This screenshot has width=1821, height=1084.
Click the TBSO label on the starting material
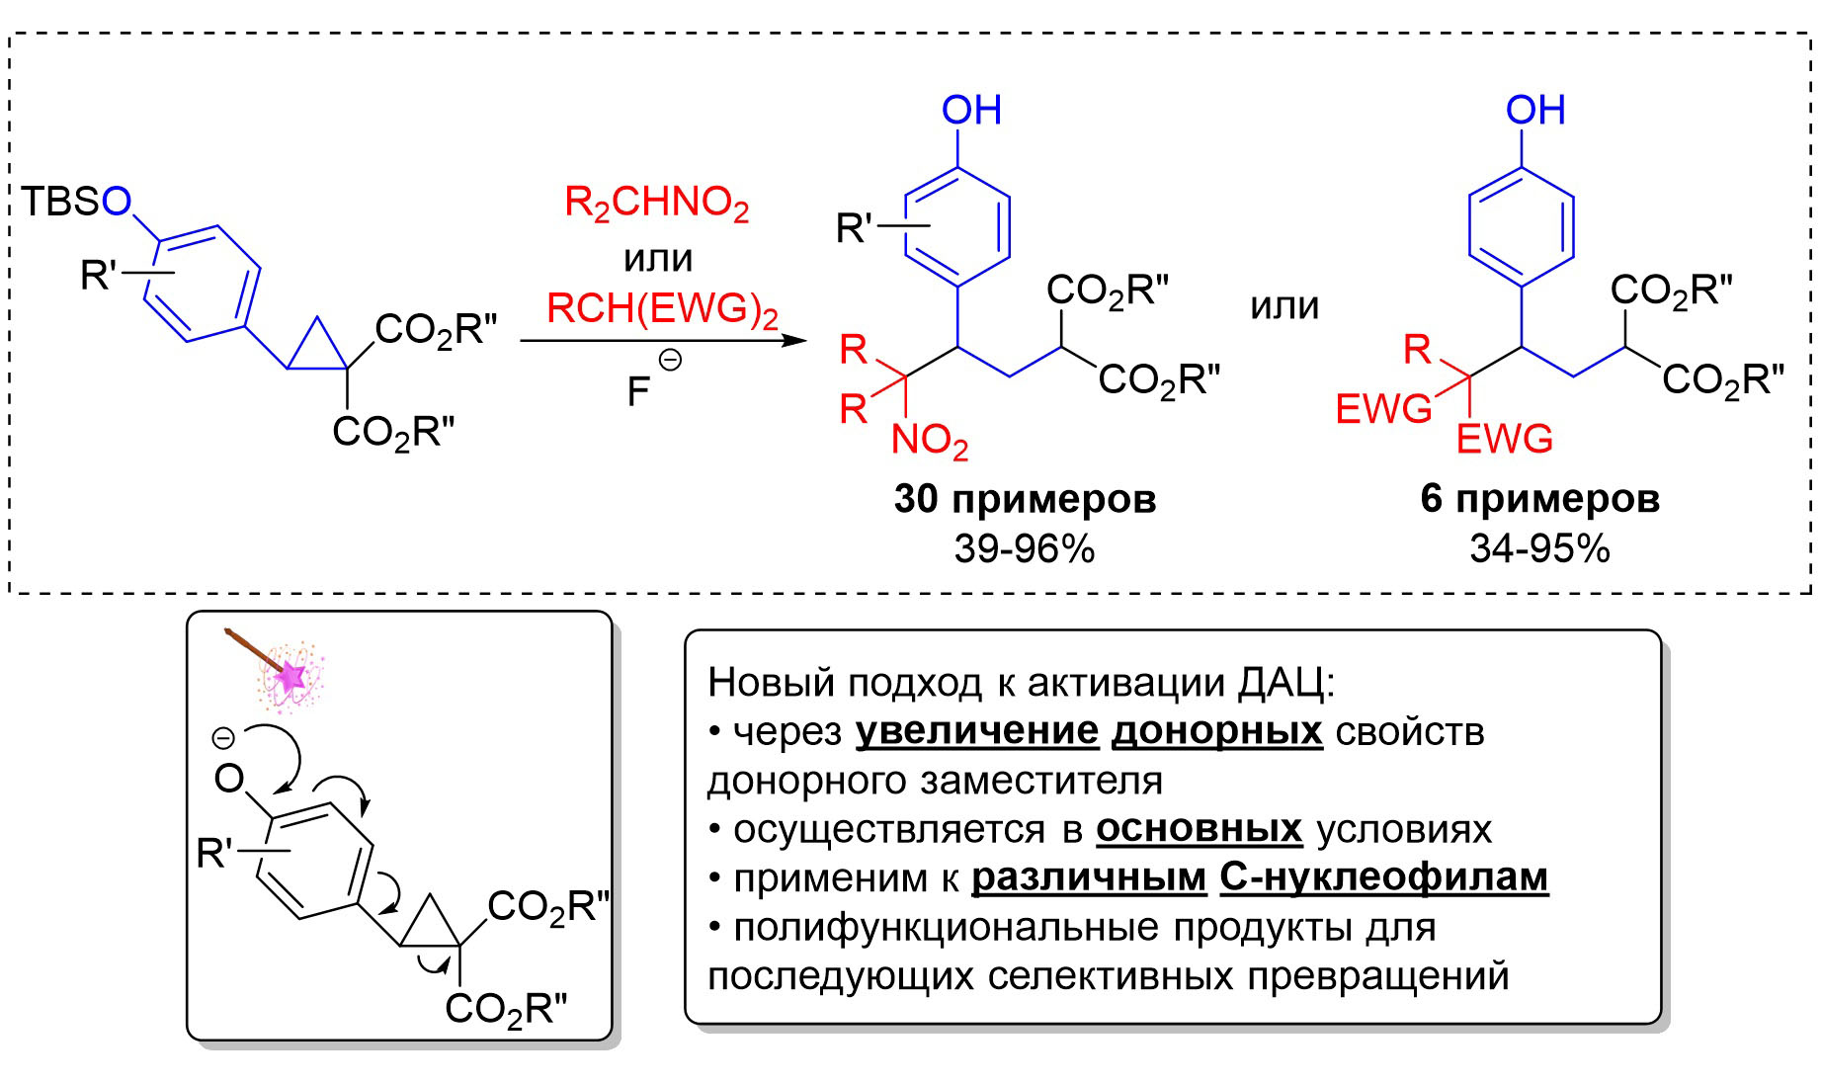[76, 202]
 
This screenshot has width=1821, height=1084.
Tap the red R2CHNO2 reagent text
[656, 204]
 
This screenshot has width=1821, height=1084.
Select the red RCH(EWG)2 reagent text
[662, 309]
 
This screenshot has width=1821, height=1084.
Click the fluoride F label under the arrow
[638, 392]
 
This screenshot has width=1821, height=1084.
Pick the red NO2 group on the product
[929, 441]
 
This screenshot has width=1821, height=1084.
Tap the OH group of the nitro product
[971, 110]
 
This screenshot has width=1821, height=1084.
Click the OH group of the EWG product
[1535, 110]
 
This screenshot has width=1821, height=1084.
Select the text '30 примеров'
[1025, 499]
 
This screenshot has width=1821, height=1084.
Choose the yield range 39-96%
[1025, 548]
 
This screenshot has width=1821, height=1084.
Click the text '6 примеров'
[1539, 499]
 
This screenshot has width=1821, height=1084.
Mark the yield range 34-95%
[1539, 548]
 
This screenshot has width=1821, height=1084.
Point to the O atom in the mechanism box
[229, 780]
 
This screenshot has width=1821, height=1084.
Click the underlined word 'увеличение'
[977, 731]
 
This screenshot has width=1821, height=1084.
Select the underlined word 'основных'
[1200, 828]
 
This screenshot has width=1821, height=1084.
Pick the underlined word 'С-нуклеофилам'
[1384, 876]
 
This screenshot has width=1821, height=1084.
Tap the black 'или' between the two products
[1284, 306]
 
